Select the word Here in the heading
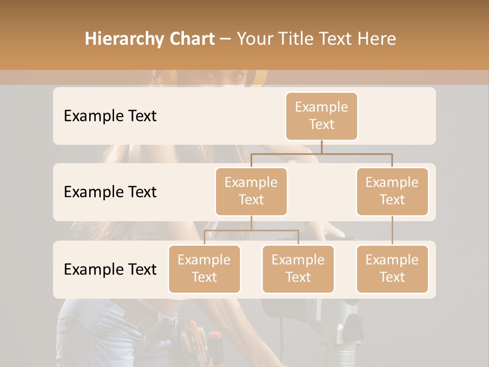coord(377,39)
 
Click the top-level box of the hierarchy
coord(321,116)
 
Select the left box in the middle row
coord(251,192)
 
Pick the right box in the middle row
coord(392,192)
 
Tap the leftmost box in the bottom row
coord(204,269)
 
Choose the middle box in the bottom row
coord(298,269)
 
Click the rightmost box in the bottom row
coord(392,269)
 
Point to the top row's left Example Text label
coord(110,116)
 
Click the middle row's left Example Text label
coord(110,192)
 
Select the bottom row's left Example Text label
coord(110,270)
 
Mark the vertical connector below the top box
coord(321,147)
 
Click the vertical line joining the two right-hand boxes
coord(392,230)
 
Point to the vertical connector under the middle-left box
coord(251,223)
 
